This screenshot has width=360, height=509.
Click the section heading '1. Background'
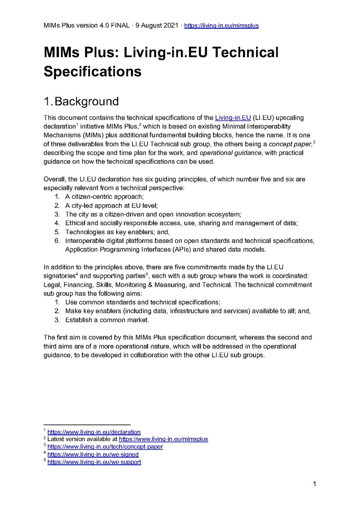click(x=81, y=101)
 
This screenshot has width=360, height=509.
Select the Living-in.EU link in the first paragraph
click(x=233, y=118)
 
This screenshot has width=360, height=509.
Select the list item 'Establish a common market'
click(x=107, y=320)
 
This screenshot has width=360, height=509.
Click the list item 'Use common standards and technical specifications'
click(x=142, y=303)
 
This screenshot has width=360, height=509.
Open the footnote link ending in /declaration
click(x=94, y=432)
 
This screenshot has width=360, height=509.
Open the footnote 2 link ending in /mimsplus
click(x=163, y=439)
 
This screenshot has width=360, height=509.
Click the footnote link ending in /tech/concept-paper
click(x=105, y=447)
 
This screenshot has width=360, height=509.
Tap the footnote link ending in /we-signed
click(x=93, y=455)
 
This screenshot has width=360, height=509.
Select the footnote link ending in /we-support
click(x=94, y=462)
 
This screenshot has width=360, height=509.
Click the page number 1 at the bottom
click(x=315, y=484)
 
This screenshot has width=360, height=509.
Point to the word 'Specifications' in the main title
click(x=92, y=71)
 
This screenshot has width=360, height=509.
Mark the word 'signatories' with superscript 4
click(x=61, y=276)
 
